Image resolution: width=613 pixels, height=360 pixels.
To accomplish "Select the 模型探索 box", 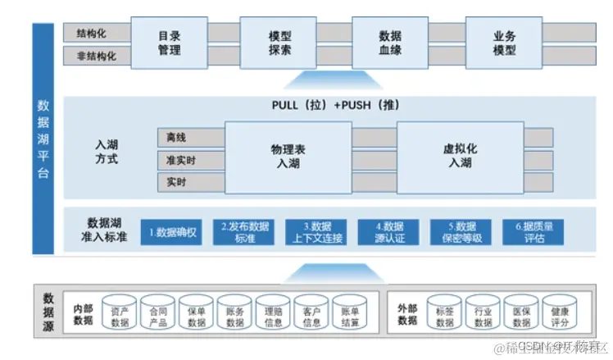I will pos(279,43).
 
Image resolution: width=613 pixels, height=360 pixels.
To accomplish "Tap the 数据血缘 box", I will pos(389,43).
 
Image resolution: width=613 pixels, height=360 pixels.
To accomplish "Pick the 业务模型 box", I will pos(504,43).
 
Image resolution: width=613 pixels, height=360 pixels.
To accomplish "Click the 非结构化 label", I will pos(96,57).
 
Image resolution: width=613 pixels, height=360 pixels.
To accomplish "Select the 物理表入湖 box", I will pos(288,157).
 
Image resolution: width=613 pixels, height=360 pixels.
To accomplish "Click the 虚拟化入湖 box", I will pos(460,157).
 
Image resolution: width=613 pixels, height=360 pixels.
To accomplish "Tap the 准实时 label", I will pos(180,159).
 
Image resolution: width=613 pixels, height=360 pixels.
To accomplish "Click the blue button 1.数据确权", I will pos(170,232).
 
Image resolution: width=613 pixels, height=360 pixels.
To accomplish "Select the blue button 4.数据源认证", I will pos(388,232).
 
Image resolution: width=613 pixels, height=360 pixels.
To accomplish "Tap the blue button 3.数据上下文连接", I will pos(316,232).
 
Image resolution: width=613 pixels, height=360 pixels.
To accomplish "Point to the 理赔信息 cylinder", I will pos(273,315).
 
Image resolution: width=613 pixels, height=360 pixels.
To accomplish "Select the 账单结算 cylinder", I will pos(350,315).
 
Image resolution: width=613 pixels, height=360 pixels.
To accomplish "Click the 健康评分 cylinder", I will pos(560,315).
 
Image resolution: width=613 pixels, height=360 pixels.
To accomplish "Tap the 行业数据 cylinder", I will pos(484,315).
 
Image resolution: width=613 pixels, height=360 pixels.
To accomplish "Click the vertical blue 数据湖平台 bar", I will pos(43,139).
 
